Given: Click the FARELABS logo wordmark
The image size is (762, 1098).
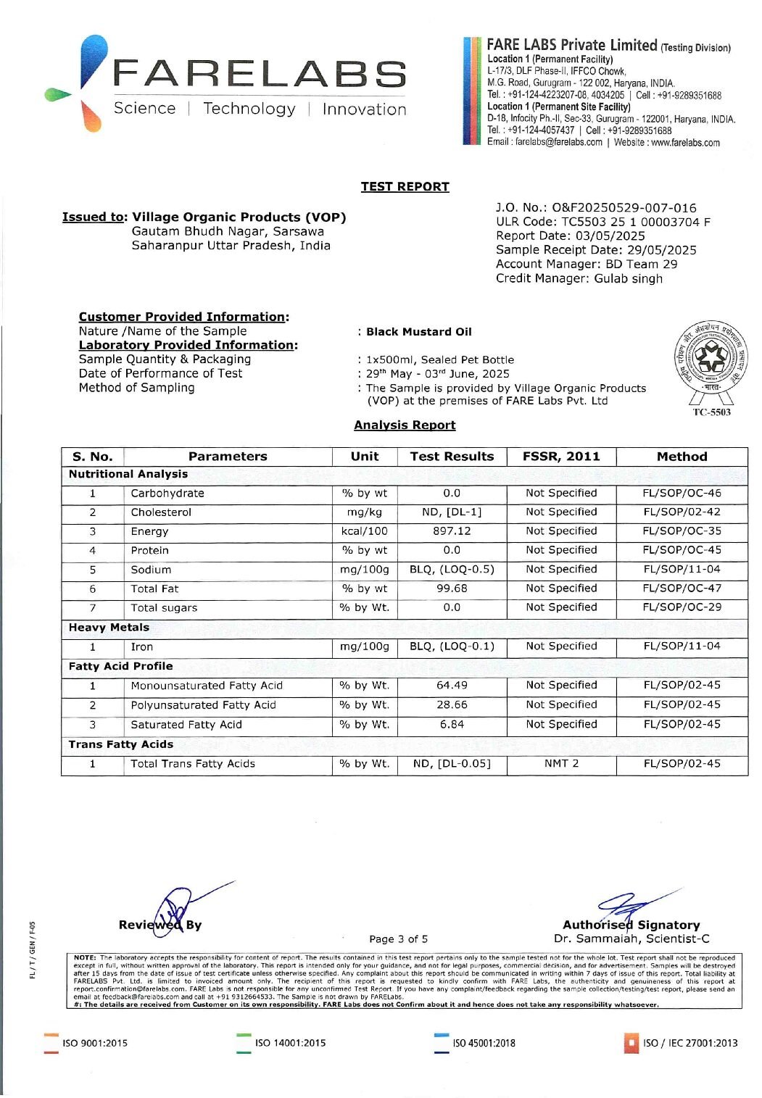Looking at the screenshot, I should tap(259, 75).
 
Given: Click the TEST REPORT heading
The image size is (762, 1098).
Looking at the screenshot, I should tap(405, 186).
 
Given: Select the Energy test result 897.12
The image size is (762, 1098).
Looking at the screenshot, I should tap(452, 531).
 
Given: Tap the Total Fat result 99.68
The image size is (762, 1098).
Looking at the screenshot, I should tap(452, 588).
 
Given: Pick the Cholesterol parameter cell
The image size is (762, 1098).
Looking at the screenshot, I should tap(161, 512).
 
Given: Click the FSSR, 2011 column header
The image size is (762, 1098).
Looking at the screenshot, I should tap(561, 457).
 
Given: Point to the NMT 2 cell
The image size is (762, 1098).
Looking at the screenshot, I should tap(561, 763).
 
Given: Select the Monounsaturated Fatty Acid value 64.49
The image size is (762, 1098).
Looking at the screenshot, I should tap(452, 685).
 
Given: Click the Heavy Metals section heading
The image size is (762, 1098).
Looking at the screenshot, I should tap(109, 628).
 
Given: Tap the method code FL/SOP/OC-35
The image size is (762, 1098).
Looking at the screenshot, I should tap(682, 531).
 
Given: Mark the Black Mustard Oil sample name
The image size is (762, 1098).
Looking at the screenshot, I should tap(418, 332).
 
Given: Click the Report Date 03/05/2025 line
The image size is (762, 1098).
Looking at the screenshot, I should tap(570, 236).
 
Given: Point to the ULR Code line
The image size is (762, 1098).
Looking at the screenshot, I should tap(602, 222).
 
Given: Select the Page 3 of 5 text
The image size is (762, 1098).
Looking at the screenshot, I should tap(398, 939).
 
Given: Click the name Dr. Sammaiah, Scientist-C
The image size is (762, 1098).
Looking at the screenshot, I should tap(631, 939).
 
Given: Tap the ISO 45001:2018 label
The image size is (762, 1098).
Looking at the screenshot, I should tap(484, 1044).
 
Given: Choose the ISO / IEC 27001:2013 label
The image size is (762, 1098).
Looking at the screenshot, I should tap(689, 1044).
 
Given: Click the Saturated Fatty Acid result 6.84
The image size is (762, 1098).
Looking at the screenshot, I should tap(452, 724).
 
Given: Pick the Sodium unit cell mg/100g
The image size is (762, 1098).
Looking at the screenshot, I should tap(364, 570).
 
